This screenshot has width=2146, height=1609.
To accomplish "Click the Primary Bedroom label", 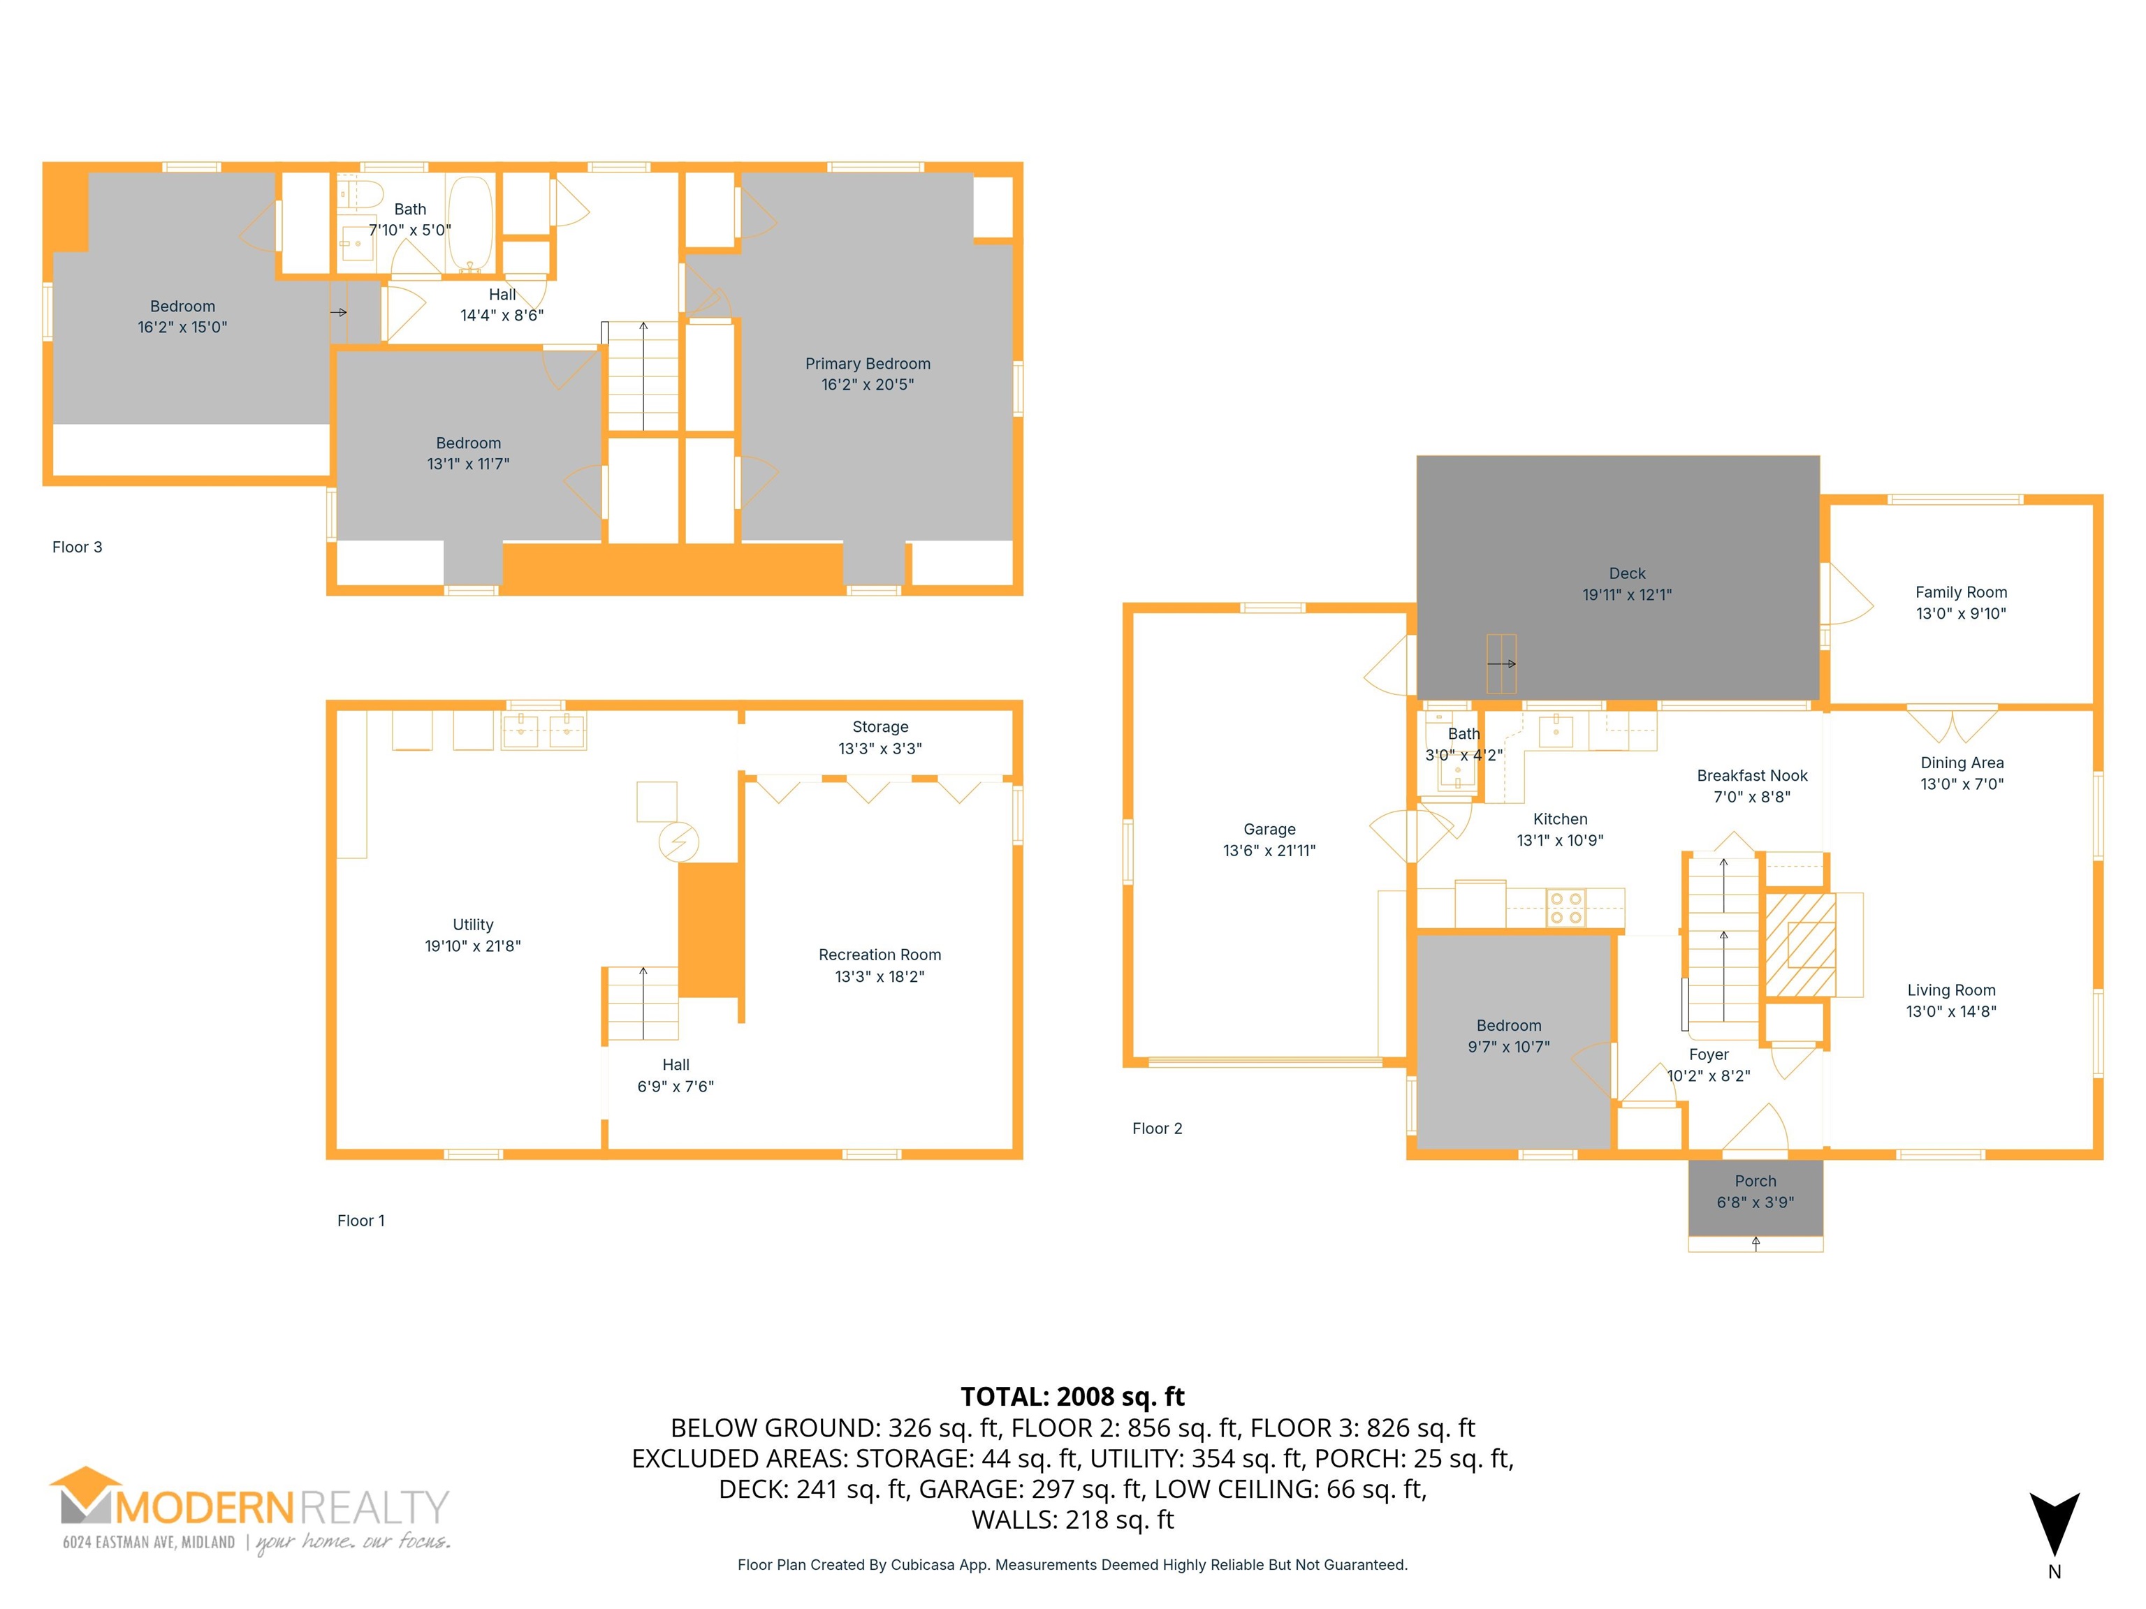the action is coord(868,364).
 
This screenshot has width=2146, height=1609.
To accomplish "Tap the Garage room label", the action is coord(1269,829).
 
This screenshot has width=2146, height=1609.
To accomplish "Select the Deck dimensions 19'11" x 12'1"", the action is coord(1627,594).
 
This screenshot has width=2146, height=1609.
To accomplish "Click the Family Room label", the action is coord(1961,592).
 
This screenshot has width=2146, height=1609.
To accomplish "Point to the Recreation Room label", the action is coord(879,955).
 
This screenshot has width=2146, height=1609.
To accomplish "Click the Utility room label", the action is coord(472,925).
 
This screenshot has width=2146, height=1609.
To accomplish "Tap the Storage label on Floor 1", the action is coord(880,726).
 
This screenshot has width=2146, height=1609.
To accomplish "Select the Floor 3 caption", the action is coord(77,547).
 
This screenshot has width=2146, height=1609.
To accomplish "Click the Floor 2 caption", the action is coord(1156,1128).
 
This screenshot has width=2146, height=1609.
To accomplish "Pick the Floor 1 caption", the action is coord(361,1220).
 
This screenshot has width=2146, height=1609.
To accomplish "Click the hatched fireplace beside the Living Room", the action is coord(1800,945).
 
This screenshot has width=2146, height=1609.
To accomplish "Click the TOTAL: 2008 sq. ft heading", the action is coord(1072,1397).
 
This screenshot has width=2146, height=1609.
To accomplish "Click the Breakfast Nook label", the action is coord(1752,775).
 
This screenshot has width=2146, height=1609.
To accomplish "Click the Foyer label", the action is coord(1709,1055).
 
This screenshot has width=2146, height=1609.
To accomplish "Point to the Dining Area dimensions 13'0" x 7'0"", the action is coord(1962,784).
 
